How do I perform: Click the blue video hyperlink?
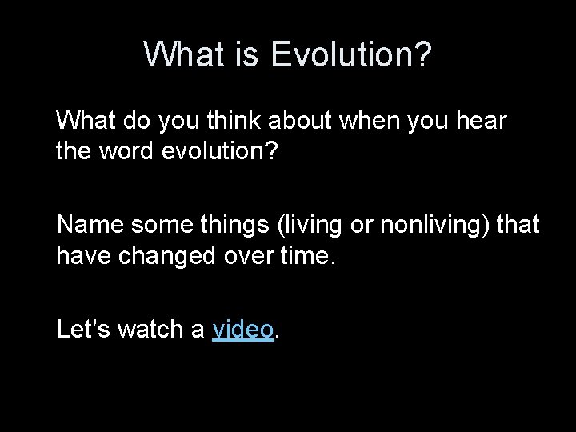[243, 329]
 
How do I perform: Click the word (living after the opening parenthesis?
[313, 226]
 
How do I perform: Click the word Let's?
[84, 329]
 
